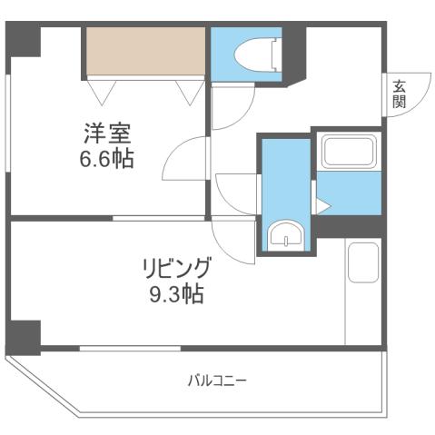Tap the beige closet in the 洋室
coord(145,54)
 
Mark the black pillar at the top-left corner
coord(25,42)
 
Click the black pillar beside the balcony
coord(24,337)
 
